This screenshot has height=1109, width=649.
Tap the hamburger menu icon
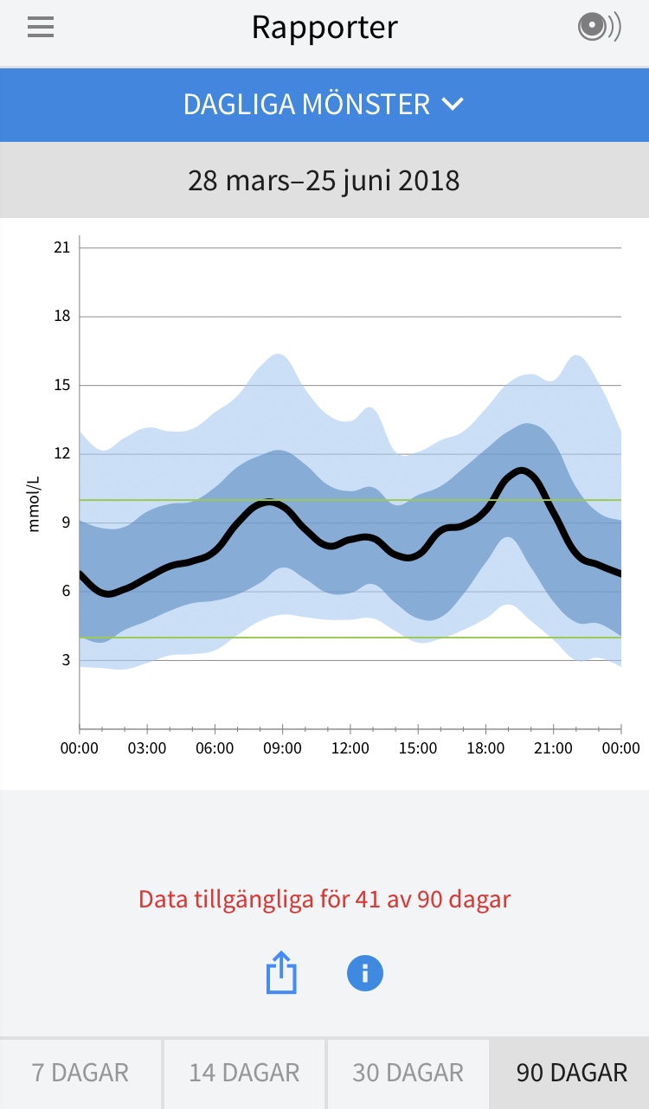[x=41, y=28]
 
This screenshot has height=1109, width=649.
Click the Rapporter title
[x=324, y=28]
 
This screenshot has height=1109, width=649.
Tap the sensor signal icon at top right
[x=599, y=28]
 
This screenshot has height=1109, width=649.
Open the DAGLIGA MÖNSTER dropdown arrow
[x=453, y=105]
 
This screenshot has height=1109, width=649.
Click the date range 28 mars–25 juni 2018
[x=324, y=181]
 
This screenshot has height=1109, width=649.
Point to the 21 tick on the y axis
[x=61, y=248]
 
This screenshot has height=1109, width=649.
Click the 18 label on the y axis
[x=61, y=317]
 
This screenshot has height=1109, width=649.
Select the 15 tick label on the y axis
[x=61, y=385]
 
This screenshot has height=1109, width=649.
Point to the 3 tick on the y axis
[x=65, y=660]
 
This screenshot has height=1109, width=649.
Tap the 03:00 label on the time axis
[x=147, y=748]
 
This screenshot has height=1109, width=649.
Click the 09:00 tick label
[x=282, y=748]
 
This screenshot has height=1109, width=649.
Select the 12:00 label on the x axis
[x=350, y=748]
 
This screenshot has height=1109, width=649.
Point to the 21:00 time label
[x=553, y=748]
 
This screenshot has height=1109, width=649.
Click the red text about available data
[x=324, y=899]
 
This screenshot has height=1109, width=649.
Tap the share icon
[x=281, y=973]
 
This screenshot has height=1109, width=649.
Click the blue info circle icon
[x=364, y=973]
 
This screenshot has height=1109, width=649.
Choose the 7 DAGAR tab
[x=80, y=1074]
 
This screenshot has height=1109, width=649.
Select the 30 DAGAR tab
[x=408, y=1074]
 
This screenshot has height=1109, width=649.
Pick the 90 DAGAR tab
[x=571, y=1074]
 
